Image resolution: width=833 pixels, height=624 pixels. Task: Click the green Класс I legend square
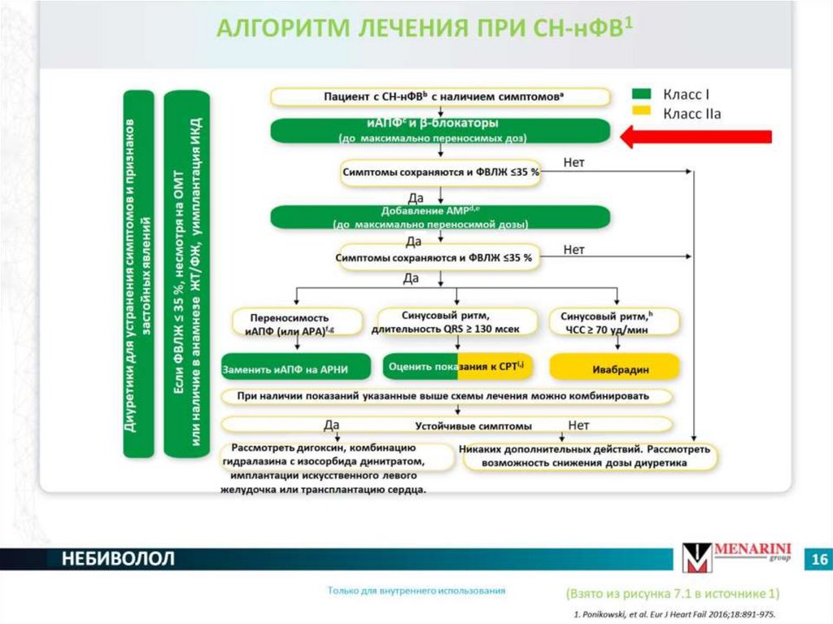643,94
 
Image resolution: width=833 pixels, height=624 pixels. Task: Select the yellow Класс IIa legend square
643,114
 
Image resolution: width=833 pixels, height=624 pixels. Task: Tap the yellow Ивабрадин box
614,368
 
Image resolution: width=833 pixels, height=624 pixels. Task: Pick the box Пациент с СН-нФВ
440,97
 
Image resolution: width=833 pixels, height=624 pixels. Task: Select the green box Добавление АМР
440,216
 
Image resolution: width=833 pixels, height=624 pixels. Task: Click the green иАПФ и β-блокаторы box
440,130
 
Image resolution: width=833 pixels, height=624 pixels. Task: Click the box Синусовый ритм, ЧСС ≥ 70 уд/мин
614,322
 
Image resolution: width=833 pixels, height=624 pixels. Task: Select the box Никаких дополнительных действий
590,456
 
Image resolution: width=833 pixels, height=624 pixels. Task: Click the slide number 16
818,560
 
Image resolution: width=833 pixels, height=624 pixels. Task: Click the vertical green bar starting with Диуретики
140,273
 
